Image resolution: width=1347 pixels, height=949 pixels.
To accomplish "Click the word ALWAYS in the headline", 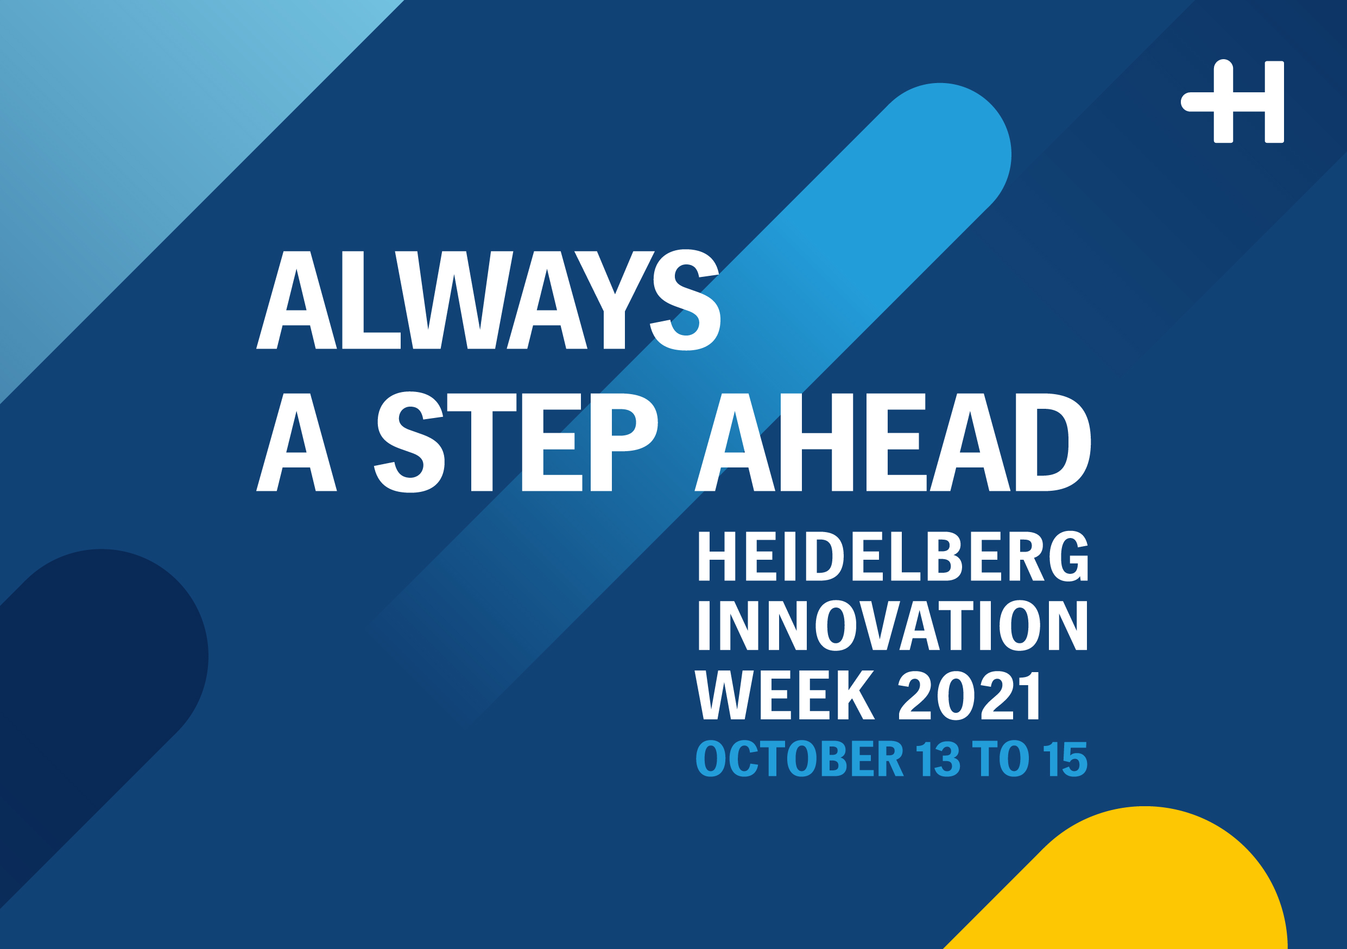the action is pyautogui.click(x=488, y=300).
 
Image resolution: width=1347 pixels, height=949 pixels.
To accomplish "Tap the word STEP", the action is pyautogui.click(x=516, y=442).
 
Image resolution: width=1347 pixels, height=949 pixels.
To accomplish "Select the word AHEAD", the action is pyautogui.click(x=893, y=442).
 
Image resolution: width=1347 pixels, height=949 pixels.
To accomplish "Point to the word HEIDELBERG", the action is pyautogui.click(x=893, y=556).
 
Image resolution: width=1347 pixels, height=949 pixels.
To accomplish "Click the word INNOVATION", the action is pyautogui.click(x=893, y=625).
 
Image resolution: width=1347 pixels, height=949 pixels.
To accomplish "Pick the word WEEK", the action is pyautogui.click(x=785, y=695).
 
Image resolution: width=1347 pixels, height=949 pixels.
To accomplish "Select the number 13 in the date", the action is pyautogui.click(x=938, y=758).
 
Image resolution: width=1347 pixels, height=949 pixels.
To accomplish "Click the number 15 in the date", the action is pyautogui.click(x=1065, y=758).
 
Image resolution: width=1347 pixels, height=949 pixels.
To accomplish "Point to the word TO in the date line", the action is pyautogui.click(x=1001, y=758).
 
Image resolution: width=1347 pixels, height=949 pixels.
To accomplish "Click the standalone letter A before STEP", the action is pyautogui.click(x=296, y=442).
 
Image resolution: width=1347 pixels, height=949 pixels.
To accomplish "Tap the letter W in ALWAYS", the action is pyautogui.click(x=454, y=300).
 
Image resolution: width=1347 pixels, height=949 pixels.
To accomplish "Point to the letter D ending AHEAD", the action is pyautogui.click(x=1053, y=442).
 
